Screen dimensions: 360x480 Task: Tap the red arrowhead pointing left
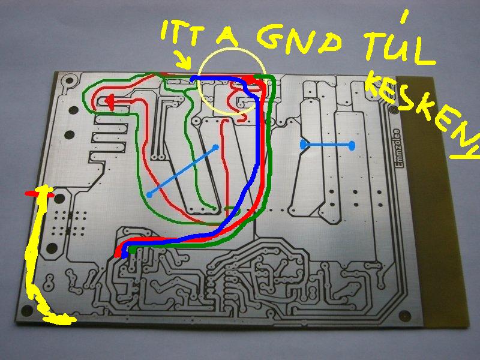(x=110, y=103)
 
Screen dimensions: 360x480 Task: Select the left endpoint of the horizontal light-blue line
(x=303, y=145)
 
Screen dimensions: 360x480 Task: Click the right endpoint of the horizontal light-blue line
(x=352, y=145)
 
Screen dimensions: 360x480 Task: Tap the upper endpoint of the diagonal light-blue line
(x=215, y=147)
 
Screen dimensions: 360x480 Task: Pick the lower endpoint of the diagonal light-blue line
(x=149, y=194)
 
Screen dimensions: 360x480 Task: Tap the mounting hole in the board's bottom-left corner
(x=25, y=310)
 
